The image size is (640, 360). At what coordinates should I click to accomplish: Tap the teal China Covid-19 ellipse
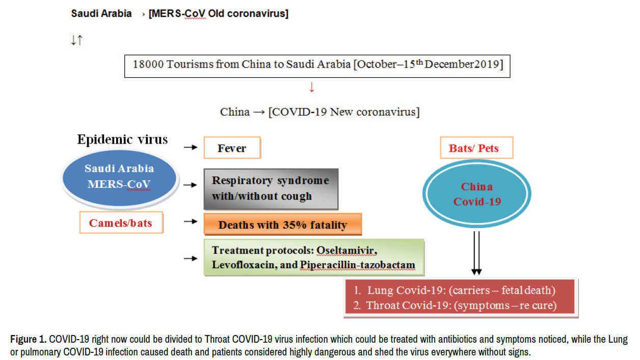pyautogui.click(x=476, y=193)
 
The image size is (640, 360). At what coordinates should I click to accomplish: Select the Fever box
pyautogui.click(x=232, y=148)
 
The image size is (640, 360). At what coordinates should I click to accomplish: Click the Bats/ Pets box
pyautogui.click(x=476, y=148)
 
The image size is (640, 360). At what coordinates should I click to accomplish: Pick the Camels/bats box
pyautogui.click(x=121, y=223)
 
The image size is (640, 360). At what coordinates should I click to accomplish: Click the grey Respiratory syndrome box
pyautogui.click(x=271, y=189)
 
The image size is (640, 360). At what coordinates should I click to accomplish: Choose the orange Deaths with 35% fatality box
pyautogui.click(x=283, y=225)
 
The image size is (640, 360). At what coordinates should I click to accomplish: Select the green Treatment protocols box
pyautogui.click(x=314, y=258)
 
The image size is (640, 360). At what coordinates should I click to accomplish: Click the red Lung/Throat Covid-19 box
pyautogui.click(x=461, y=297)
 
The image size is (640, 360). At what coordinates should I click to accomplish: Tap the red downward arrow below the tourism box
pyautogui.click(x=312, y=88)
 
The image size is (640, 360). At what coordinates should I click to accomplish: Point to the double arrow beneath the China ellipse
pyautogui.click(x=476, y=253)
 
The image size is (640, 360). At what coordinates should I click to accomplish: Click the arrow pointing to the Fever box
pyautogui.click(x=191, y=147)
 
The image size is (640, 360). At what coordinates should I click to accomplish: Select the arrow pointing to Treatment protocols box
pyautogui.click(x=191, y=258)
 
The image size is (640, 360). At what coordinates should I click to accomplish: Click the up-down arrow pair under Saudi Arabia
pyautogui.click(x=77, y=40)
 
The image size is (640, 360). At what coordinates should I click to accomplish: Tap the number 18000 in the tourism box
pyautogui.click(x=148, y=64)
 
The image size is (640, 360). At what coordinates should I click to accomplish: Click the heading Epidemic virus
pyautogui.click(x=122, y=140)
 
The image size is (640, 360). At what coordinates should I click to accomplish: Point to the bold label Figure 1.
pyautogui.click(x=29, y=339)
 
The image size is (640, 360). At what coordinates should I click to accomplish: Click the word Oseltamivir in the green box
pyautogui.click(x=346, y=251)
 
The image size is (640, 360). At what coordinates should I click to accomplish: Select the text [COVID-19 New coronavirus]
pyautogui.click(x=344, y=112)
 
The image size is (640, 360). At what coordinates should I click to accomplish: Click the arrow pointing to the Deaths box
pyautogui.click(x=191, y=221)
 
